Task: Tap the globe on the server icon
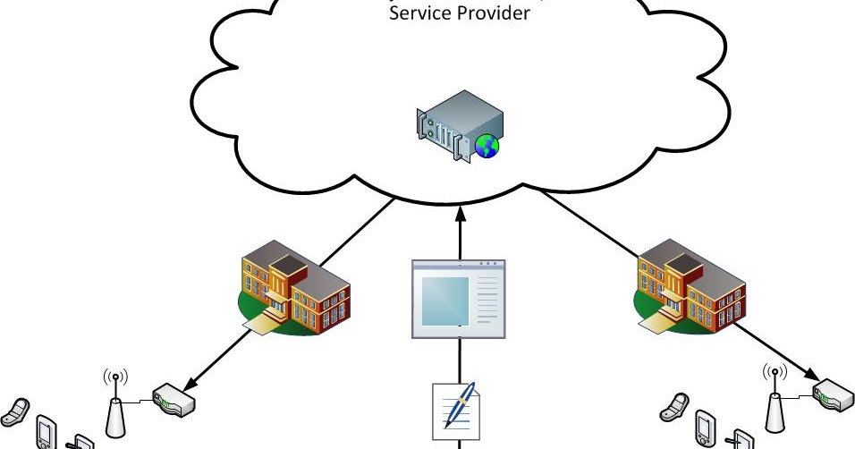click(487, 146)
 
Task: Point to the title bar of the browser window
click(458, 265)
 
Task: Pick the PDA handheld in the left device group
click(46, 431)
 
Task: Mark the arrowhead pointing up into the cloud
click(459, 213)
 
